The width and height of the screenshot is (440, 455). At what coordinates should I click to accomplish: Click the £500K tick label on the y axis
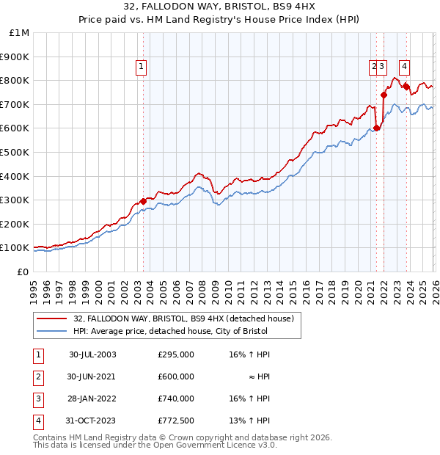click(x=15, y=152)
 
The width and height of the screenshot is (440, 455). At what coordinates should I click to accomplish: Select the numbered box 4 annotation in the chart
click(x=405, y=65)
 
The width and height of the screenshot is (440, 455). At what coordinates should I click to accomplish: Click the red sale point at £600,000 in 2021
click(x=376, y=128)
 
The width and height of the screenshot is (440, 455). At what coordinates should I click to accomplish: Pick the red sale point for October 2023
click(x=406, y=87)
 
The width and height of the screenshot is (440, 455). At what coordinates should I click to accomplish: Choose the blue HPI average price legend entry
click(x=170, y=332)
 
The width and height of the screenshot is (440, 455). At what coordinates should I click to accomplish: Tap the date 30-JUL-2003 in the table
click(x=92, y=354)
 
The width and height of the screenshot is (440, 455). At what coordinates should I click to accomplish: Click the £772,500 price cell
click(x=175, y=421)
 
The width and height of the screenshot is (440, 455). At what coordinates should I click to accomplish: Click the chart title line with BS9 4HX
click(x=220, y=9)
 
